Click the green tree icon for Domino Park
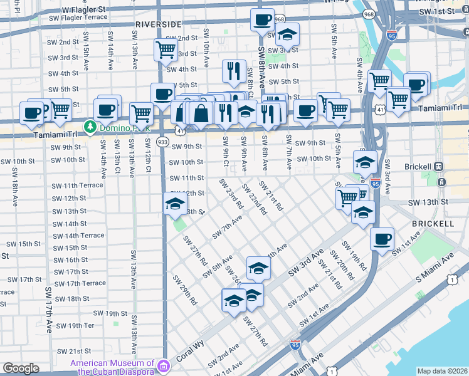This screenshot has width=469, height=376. pos(90,127)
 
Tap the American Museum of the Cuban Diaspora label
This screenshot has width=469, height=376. pos(113,367)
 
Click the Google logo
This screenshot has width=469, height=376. pos(21,368)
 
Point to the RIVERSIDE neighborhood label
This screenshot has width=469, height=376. pos(158,24)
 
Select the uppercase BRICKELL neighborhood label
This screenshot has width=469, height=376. pos(433,224)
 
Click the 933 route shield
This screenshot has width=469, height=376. pos(162,143)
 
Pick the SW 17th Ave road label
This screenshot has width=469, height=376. pos(49,310)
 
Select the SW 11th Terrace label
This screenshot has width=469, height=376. pos(78,186)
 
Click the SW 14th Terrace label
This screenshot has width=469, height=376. pos(78,236)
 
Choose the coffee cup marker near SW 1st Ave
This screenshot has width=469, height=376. pos(382,239)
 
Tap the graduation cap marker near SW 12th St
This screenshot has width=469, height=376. pos(175,203)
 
